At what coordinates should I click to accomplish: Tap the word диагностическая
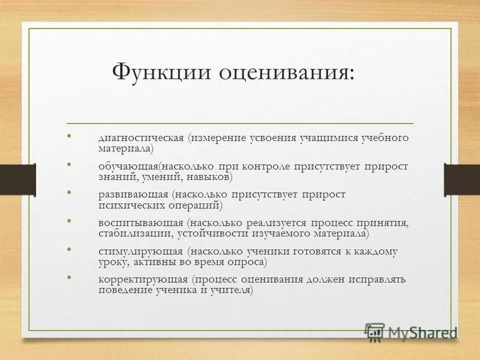tap(141, 137)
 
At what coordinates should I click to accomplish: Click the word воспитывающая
tap(140, 223)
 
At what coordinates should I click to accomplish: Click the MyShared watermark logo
tap(412, 332)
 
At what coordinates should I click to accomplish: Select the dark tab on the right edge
tap(461, 179)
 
